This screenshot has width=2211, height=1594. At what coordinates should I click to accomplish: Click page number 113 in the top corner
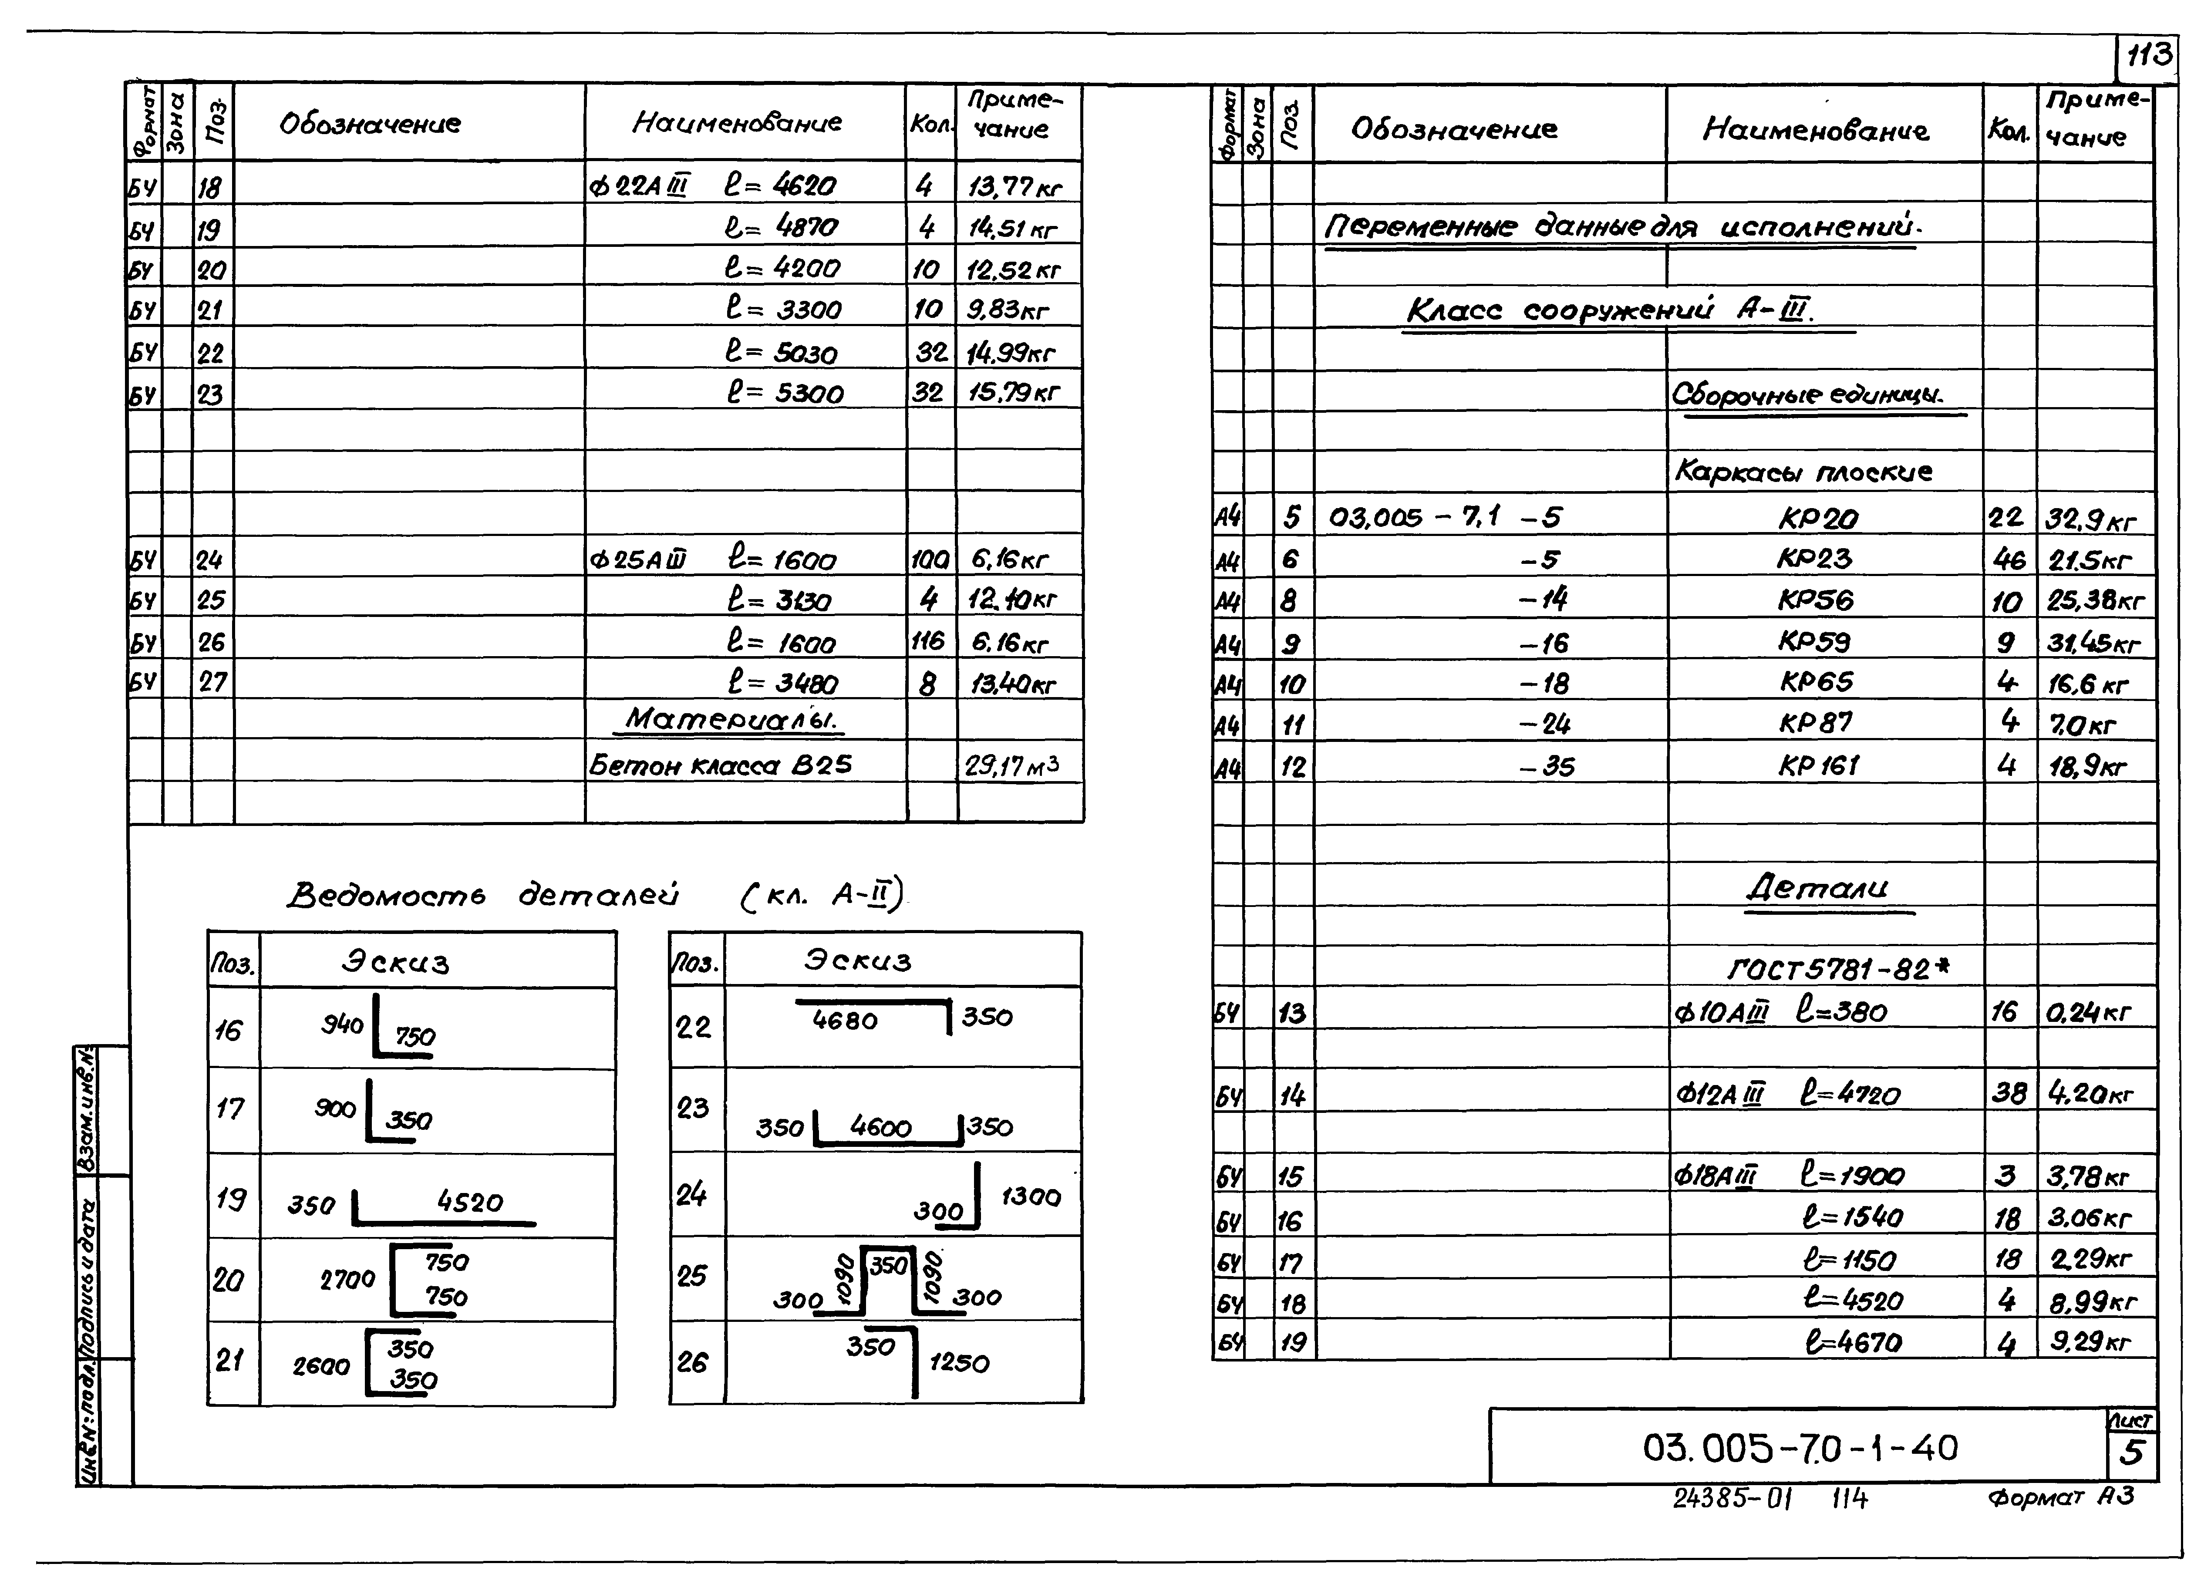2147,56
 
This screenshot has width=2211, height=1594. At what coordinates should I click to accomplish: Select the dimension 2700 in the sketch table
347,1279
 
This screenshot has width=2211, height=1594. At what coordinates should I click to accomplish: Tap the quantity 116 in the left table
928,641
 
